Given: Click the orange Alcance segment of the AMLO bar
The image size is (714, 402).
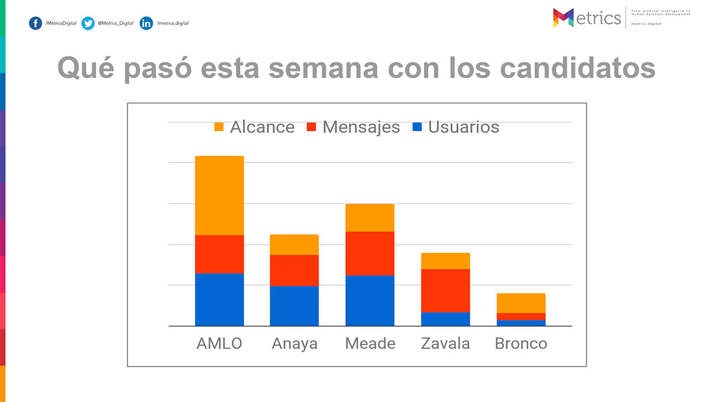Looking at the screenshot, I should click(219, 195).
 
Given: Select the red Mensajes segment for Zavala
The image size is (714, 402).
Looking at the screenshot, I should click(445, 290).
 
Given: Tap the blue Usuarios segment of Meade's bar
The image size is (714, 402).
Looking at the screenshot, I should click(370, 300).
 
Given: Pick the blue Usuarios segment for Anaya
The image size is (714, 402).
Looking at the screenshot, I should click(294, 305).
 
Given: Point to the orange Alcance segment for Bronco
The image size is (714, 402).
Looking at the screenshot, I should click(521, 303).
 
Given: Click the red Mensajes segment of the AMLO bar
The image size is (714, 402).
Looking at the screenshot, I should click(219, 254).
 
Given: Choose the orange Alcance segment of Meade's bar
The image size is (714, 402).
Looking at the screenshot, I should click(370, 218).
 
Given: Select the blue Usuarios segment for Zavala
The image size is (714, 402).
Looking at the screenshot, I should click(445, 319).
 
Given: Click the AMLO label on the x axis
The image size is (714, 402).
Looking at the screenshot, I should click(219, 343).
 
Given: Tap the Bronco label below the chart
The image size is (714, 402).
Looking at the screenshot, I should click(521, 343).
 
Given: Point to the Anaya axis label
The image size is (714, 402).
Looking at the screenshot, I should click(295, 343).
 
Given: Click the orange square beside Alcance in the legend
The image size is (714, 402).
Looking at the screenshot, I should click(219, 127).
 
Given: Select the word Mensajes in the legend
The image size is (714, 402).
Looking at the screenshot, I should click(361, 127).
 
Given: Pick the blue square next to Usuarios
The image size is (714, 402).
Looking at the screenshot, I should click(417, 127).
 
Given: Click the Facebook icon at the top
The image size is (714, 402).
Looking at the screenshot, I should click(36, 23).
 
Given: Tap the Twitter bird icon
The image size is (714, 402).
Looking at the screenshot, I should click(88, 23).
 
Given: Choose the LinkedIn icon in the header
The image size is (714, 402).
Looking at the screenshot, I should click(146, 23).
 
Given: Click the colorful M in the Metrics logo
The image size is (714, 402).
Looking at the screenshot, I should click(563, 17).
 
